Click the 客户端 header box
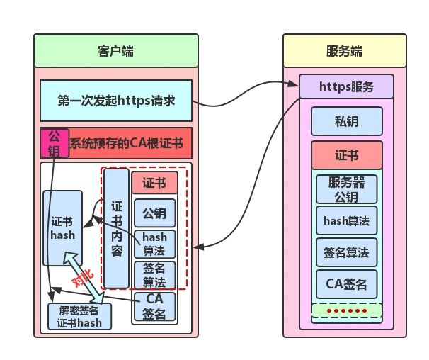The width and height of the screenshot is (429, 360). [x=116, y=50]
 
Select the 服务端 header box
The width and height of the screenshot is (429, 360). [x=345, y=50]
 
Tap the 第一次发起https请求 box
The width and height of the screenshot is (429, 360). [x=116, y=101]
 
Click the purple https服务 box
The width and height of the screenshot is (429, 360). [x=346, y=86]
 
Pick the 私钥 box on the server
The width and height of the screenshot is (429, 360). [x=346, y=121]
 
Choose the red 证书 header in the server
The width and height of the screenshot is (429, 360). [x=346, y=155]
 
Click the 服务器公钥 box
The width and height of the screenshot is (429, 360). [x=346, y=189]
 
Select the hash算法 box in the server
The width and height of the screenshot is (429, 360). [x=346, y=220]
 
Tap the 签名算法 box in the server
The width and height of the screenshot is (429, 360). [x=346, y=252]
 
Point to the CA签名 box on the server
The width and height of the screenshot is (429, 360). [x=346, y=284]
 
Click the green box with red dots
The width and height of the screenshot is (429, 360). [x=346, y=310]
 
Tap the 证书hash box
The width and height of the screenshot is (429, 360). [x=62, y=228]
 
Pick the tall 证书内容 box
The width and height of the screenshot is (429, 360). [x=116, y=228]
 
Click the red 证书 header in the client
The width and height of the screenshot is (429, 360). [x=154, y=183]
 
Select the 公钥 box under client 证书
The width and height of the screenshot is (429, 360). [x=154, y=213]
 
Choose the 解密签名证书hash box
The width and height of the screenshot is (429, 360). [x=79, y=317]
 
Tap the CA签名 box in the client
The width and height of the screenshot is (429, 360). [x=154, y=307]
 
